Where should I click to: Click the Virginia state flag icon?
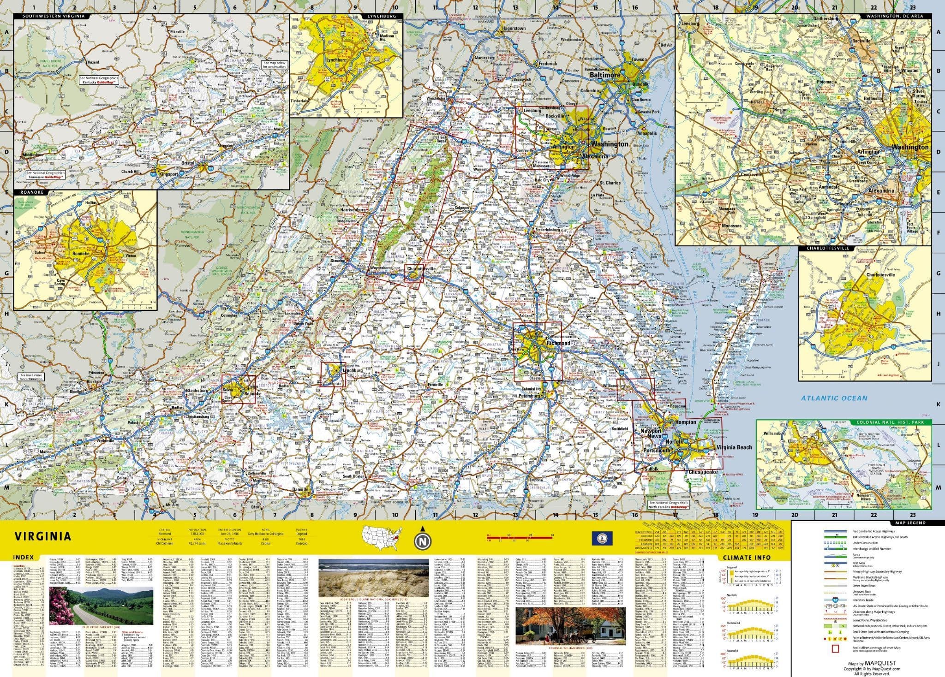tap(598, 538)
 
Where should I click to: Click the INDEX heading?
tap(23, 557)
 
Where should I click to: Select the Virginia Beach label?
tap(733, 447)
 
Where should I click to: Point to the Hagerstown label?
tap(513, 29)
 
